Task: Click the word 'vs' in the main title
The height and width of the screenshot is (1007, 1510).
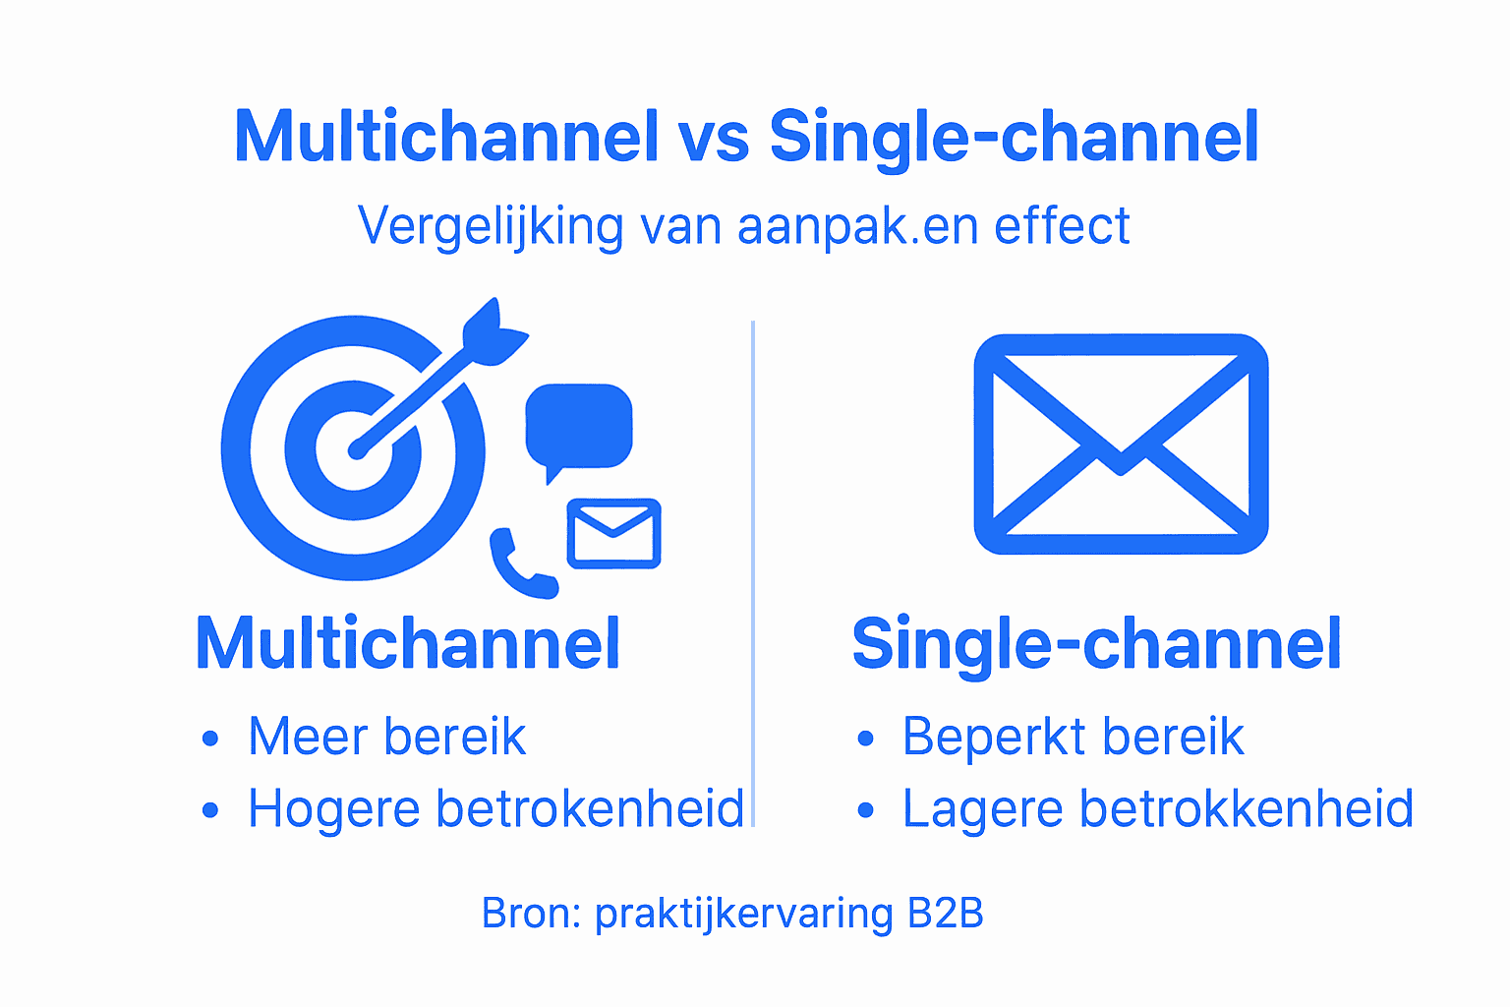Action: point(713,138)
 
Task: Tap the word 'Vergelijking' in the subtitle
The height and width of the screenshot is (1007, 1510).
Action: point(491,227)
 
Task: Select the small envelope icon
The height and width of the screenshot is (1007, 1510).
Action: point(613,533)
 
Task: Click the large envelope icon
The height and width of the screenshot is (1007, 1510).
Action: point(1121,444)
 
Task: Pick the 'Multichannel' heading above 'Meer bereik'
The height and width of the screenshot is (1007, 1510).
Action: point(408,644)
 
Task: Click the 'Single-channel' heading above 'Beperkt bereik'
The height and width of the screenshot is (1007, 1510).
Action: point(1096,644)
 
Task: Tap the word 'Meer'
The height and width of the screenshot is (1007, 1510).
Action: point(309,737)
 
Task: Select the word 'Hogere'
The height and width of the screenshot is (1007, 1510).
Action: point(333,809)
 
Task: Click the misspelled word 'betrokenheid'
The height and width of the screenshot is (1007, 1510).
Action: point(590,809)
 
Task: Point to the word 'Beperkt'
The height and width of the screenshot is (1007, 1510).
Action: point(982,737)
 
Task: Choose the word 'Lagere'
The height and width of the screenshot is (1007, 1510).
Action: point(983,809)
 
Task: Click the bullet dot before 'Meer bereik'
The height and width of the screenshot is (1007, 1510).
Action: point(209,739)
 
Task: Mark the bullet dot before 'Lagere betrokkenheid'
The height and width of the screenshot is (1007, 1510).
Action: point(865,811)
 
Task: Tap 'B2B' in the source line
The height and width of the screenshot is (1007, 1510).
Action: point(945,914)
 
